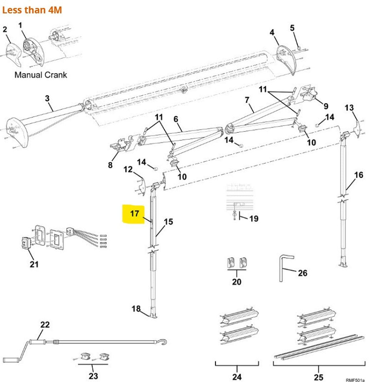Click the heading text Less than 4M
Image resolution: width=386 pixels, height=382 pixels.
point(32,10)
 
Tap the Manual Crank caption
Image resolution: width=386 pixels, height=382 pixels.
point(40,75)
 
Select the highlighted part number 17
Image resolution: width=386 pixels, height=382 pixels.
point(134,214)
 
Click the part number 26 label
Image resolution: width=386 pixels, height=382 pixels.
point(302,273)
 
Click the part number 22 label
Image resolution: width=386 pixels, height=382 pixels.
point(45,325)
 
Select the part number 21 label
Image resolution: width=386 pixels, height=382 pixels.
point(34,265)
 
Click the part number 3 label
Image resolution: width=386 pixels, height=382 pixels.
point(48,98)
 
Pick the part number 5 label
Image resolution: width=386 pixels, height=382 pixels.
point(292,28)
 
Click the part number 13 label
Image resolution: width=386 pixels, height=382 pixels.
point(349,108)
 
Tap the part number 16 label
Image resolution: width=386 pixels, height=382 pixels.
point(358,175)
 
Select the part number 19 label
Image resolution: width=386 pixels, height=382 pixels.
point(254,219)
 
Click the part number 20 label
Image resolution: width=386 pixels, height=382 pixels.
point(237,282)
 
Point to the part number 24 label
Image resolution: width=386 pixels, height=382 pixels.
point(237,377)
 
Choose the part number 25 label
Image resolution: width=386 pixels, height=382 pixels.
point(318,377)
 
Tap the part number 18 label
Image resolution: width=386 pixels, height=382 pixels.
point(136,309)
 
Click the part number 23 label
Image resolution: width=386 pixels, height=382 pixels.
point(93,376)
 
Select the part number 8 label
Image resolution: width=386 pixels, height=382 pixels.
point(110,165)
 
